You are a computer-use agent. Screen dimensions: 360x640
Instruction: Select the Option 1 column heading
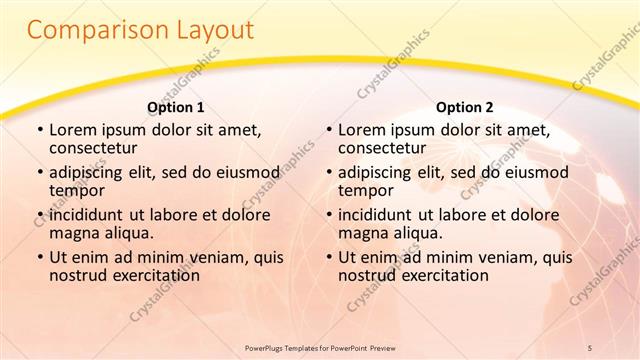[176, 107]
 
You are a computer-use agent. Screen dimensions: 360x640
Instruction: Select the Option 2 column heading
[465, 107]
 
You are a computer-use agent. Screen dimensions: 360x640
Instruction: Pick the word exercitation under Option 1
[152, 274]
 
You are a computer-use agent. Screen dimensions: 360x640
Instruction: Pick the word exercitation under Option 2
[441, 274]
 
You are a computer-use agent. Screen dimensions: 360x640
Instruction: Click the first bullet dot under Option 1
[39, 130]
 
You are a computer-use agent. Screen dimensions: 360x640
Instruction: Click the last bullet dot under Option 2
[328, 257]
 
